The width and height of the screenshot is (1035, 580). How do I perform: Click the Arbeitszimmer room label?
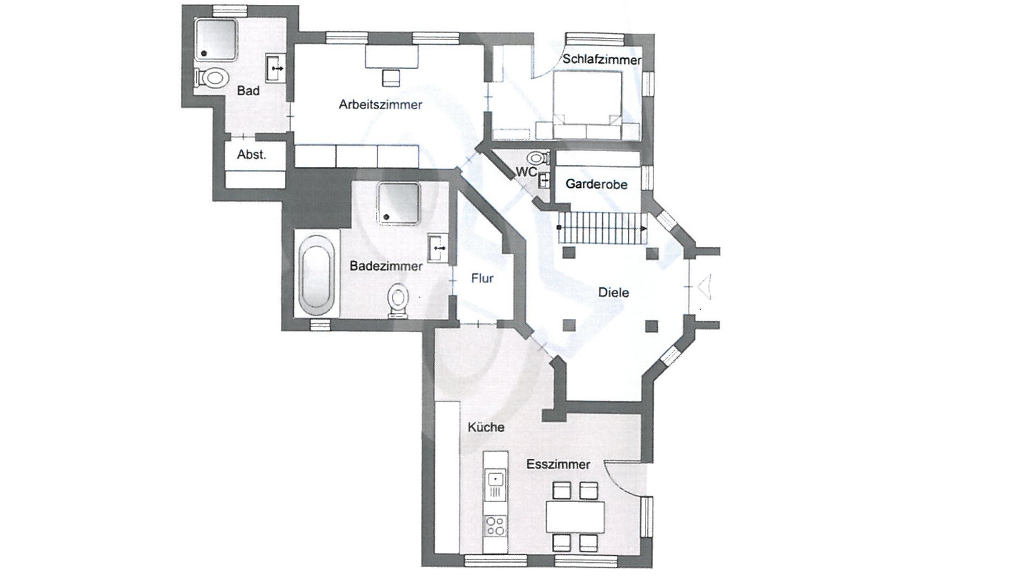(380, 105)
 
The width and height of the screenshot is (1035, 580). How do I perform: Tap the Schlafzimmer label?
(602, 59)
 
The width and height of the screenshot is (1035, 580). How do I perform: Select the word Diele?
(613, 293)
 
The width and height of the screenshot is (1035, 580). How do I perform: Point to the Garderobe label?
(596, 184)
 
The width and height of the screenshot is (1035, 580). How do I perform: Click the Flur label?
(482, 279)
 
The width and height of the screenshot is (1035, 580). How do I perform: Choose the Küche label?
(486, 427)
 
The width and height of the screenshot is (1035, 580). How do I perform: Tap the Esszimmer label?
(558, 465)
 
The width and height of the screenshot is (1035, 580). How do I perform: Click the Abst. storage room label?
(251, 155)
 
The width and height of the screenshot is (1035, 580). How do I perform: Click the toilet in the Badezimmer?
(397, 301)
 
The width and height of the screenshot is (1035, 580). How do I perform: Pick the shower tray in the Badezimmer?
(398, 203)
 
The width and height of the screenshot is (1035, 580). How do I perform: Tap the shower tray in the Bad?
(215, 39)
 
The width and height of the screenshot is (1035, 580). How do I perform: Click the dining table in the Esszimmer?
(575, 516)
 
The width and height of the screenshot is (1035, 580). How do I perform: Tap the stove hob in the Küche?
(494, 526)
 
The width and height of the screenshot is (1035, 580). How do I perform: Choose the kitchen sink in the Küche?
(495, 479)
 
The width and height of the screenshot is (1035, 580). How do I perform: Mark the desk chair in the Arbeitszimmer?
(391, 77)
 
